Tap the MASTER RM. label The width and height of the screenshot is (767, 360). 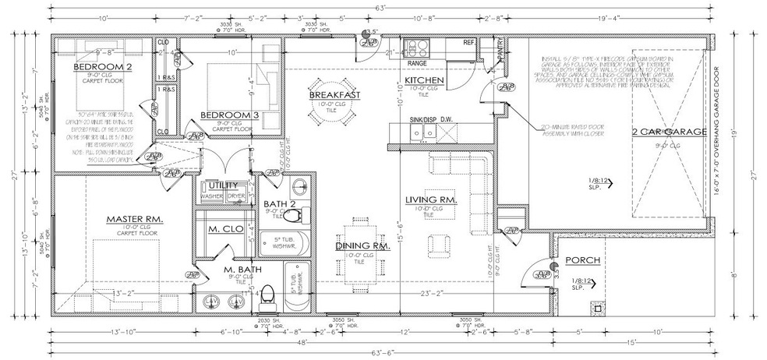(x=134, y=221)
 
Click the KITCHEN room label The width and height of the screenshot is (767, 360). (x=424, y=80)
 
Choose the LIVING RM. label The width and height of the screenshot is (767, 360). (x=430, y=199)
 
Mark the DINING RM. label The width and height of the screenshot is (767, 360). (x=362, y=246)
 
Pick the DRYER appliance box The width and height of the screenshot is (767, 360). (x=235, y=196)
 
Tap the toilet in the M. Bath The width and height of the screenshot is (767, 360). (x=268, y=295)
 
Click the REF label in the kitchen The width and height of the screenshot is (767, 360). (x=469, y=42)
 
